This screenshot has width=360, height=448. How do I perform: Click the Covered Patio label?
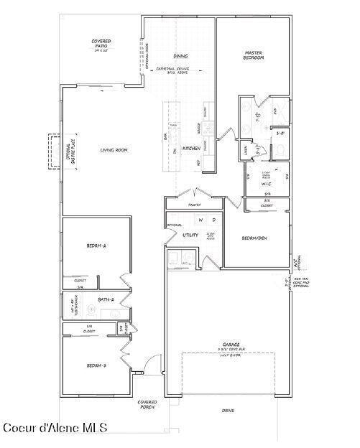tap(101, 43)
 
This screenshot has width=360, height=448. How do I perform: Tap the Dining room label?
tap(180, 55)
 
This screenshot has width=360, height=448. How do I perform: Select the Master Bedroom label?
tap(254, 55)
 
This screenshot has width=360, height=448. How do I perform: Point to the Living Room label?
tap(114, 149)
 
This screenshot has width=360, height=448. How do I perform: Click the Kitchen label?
tap(191, 148)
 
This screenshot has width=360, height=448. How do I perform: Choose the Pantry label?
tap(194, 205)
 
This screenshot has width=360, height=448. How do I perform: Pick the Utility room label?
tap(190, 235)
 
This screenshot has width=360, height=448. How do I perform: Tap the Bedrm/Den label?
tap(255, 238)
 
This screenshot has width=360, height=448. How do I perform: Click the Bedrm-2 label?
tap(96, 246)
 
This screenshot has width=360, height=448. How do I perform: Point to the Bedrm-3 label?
tap(96, 365)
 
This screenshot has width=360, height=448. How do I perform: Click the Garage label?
tap(231, 345)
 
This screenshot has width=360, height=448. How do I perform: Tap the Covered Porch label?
tap(147, 405)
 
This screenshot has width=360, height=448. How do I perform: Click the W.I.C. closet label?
tap(267, 182)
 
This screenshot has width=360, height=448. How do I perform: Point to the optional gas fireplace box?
tap(54, 151)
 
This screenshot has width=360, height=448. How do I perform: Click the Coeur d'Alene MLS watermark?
tap(55, 428)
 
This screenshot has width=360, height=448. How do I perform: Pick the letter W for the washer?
tap(201, 220)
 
